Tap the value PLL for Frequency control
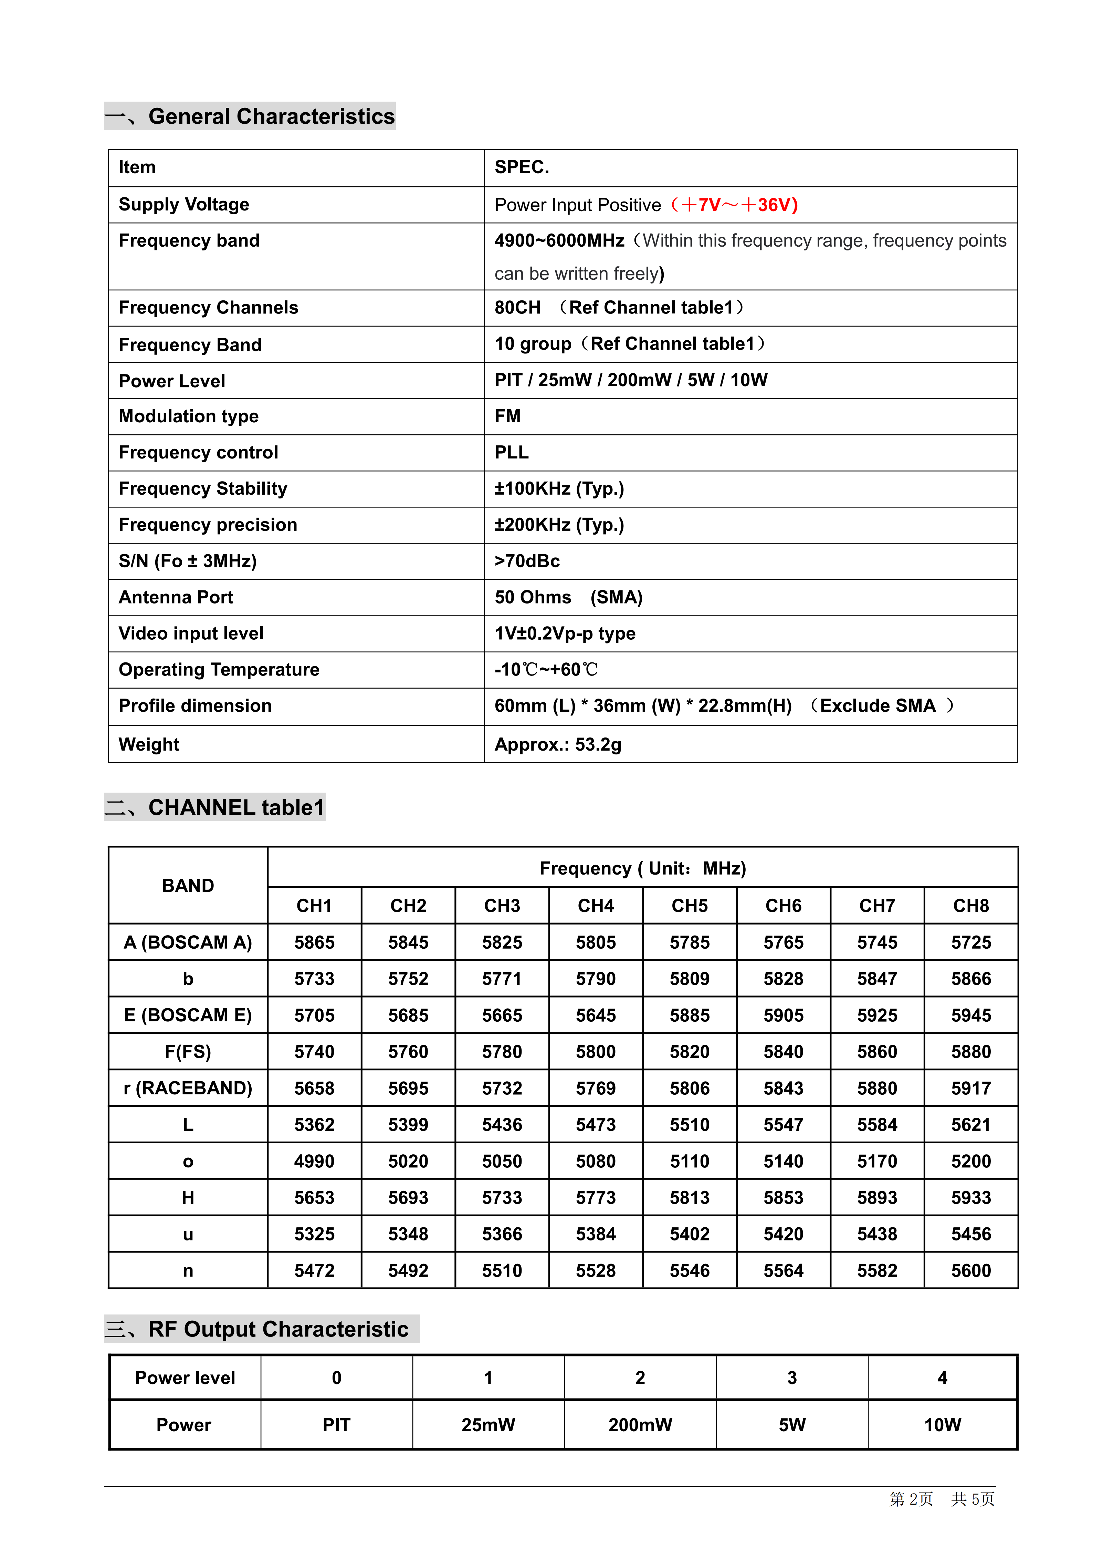pos(511,452)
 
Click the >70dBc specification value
pos(527,560)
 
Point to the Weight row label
pos(149,744)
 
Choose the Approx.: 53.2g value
pos(558,744)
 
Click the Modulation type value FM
pos(507,416)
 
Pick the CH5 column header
pos(689,906)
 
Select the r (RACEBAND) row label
pos(188,1088)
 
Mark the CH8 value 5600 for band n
pos(970,1271)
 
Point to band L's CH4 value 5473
pos(595,1125)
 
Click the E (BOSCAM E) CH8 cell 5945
pos(970,1015)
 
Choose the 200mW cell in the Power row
pos(640,1424)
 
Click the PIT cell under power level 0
pos(336,1424)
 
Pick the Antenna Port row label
pos(176,597)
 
